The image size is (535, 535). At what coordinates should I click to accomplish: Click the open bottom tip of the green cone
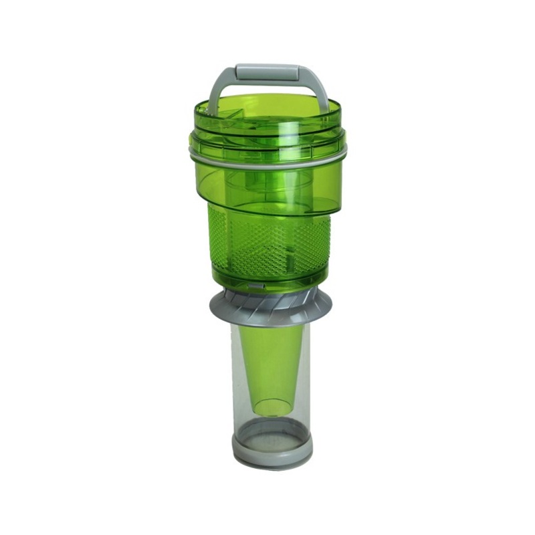click(270, 406)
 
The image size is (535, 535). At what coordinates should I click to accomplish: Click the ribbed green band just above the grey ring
click(267, 144)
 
